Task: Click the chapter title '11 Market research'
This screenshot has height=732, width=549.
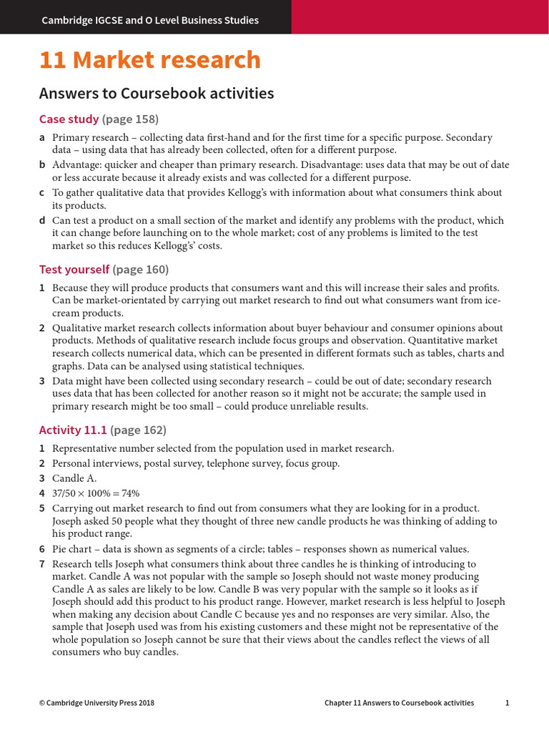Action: tap(150, 60)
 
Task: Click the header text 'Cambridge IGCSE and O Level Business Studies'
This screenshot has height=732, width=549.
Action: tap(150, 20)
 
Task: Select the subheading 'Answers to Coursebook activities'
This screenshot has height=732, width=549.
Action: tap(157, 94)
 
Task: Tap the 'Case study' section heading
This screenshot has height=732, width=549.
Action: tap(69, 119)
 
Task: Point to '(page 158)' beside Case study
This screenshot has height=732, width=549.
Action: tap(130, 119)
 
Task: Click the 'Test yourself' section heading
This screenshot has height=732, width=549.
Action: tap(74, 269)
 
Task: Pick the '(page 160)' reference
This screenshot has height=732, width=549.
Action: tap(141, 269)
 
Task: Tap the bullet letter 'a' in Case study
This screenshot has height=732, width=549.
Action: tap(42, 137)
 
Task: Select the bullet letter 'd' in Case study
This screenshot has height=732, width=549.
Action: tap(42, 220)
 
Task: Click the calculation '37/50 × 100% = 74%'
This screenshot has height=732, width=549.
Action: tap(96, 493)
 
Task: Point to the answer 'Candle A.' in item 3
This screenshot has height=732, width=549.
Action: tap(74, 478)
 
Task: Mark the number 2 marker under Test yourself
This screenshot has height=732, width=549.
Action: tap(42, 327)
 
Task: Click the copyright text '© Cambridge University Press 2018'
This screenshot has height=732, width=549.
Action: tap(97, 703)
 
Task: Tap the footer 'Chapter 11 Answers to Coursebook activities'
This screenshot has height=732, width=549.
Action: tap(399, 703)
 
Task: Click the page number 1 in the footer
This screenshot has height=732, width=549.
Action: tap(507, 703)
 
